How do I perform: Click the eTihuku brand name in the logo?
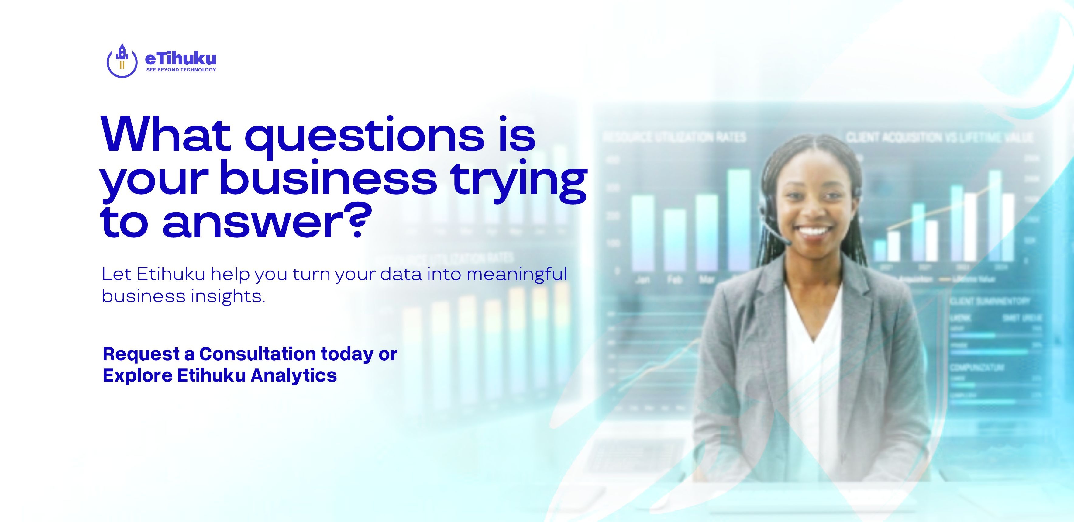click(x=181, y=59)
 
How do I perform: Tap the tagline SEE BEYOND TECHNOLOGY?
click(x=181, y=70)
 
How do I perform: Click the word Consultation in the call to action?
click(x=257, y=354)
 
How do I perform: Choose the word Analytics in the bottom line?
click(x=294, y=375)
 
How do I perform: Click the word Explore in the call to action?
click(x=138, y=375)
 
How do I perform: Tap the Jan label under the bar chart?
click(x=642, y=280)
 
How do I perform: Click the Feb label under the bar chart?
click(x=674, y=280)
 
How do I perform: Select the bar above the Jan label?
click(x=642, y=233)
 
